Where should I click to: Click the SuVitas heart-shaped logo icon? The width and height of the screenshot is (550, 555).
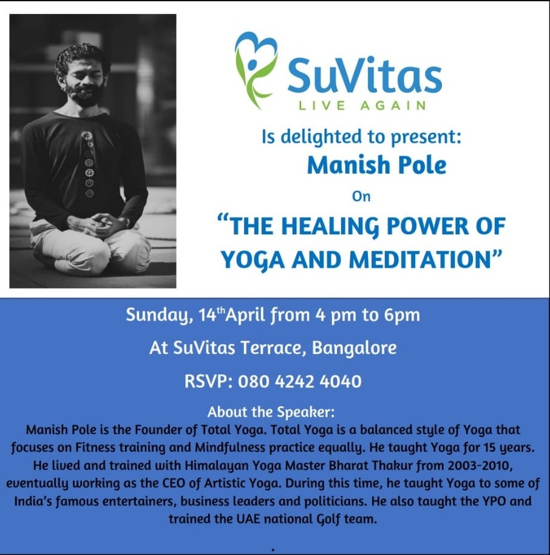point(256,69)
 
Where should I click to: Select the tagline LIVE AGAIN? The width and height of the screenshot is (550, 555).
point(362,106)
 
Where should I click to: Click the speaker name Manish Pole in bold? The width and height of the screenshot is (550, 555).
point(376,165)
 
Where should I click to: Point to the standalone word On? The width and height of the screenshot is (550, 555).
point(361,197)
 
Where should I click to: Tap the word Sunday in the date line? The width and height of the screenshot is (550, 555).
point(159,315)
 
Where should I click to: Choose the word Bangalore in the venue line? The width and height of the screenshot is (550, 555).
point(354,349)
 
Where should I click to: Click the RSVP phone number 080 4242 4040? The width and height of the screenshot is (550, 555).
point(299,381)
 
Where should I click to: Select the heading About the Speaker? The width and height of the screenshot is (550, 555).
point(271,412)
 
